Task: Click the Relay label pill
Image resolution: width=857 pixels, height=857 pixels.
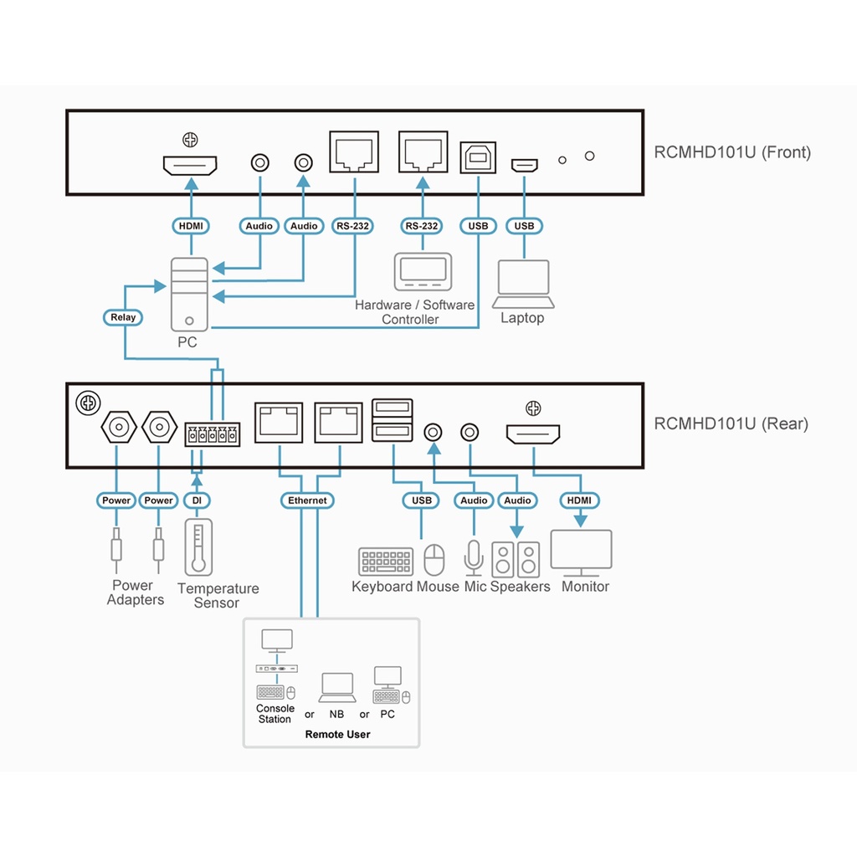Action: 123,317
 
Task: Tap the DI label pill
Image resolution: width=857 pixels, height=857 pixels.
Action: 197,500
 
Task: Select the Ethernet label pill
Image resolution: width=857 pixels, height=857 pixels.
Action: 307,500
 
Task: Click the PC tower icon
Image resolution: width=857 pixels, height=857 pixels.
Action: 190,294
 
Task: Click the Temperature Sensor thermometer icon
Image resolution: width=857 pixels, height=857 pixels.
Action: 198,547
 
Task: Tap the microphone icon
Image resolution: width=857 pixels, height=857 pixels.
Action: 474,557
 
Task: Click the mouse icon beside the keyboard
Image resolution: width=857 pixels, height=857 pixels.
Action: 433,560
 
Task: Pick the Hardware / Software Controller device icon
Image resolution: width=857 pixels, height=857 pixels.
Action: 423,271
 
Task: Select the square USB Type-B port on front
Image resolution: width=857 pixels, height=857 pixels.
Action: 478,157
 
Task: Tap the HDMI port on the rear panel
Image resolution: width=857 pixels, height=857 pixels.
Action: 533,435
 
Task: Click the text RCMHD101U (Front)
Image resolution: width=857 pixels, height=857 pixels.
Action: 732,152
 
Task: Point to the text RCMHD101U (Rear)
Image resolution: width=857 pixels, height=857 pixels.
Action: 731,423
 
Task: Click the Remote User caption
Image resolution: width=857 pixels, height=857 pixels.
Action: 337,734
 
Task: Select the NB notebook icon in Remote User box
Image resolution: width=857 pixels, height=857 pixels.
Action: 337,688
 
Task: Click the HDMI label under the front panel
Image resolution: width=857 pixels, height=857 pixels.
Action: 190,226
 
